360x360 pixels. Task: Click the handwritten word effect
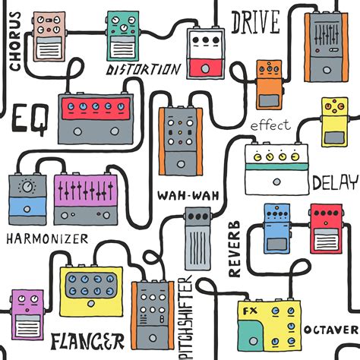coord(270,125)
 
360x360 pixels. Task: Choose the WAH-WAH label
coord(188,194)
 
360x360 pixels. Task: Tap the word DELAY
coord(334,183)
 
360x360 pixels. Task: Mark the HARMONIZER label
coord(46,238)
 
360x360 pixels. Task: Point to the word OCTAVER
coord(330,330)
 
